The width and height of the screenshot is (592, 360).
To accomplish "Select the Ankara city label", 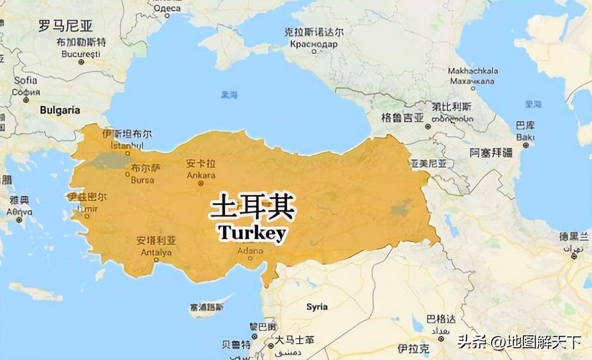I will pyautogui.click(x=201, y=175).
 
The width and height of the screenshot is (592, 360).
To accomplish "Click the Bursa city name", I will pyautogui.click(x=142, y=180).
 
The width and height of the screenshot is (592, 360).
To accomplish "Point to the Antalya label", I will pyautogui.click(x=156, y=252).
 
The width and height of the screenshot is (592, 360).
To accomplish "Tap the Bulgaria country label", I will pyautogui.click(x=60, y=110).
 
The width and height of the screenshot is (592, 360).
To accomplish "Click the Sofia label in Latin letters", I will pyautogui.click(x=25, y=80).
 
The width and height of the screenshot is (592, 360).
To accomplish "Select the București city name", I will pyautogui.click(x=81, y=54).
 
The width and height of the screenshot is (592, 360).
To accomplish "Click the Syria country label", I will pyautogui.click(x=317, y=307).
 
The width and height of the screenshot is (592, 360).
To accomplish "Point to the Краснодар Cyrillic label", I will pyautogui.click(x=313, y=44).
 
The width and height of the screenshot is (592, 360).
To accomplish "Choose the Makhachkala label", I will pyautogui.click(x=473, y=71).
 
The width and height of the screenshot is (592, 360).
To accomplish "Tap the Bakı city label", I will pyautogui.click(x=525, y=137).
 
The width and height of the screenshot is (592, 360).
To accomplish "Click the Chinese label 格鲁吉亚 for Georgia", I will pyautogui.click(x=402, y=117).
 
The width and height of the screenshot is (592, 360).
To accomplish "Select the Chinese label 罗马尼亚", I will pyautogui.click(x=65, y=26).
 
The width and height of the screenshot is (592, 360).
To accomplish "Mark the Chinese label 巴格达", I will pyautogui.click(x=440, y=319).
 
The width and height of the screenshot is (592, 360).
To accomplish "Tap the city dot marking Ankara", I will pyautogui.click(x=201, y=183).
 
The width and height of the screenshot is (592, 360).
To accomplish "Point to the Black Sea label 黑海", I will pyautogui.click(x=229, y=94).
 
